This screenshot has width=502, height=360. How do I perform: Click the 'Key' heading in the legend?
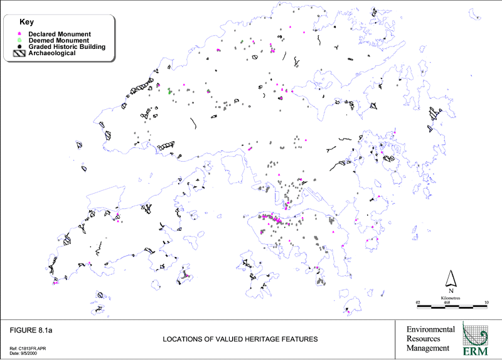(x=26, y=22)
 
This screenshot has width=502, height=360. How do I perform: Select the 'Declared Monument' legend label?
(x=60, y=34)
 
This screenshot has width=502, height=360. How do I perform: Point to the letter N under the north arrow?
(x=450, y=290)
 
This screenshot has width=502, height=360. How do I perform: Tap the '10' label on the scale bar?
(x=485, y=302)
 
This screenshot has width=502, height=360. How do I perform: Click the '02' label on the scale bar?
(x=418, y=302)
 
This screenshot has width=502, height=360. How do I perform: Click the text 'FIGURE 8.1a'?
(x=31, y=329)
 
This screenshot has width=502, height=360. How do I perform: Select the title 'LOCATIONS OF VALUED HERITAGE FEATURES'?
(x=240, y=339)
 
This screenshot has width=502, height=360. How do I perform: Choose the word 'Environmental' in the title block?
(x=430, y=330)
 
